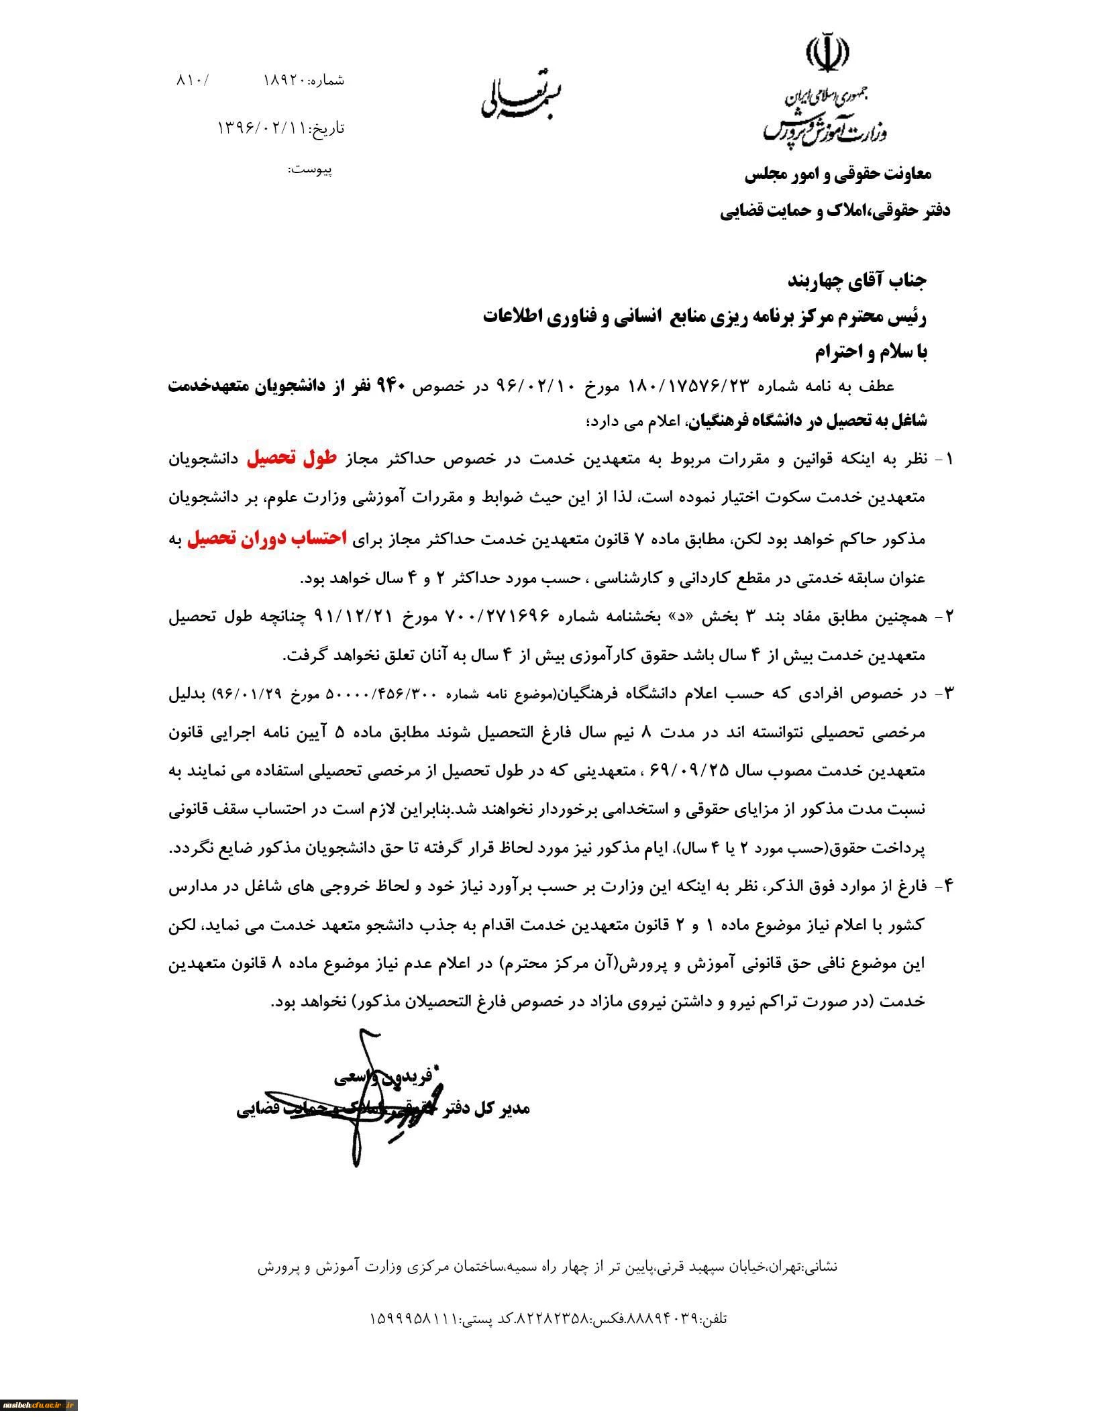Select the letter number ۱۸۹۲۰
point(285,81)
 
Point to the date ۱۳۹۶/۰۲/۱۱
point(261,127)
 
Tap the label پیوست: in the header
point(310,169)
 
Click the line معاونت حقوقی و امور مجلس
point(838,175)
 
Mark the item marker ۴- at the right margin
point(943,886)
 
